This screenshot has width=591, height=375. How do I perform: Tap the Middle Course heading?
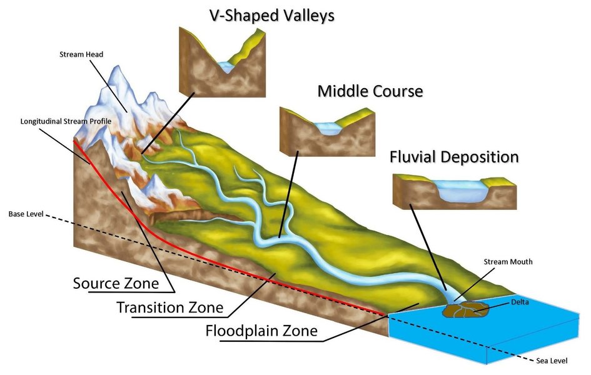[x=370, y=91]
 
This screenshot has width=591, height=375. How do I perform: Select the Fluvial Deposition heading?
[x=454, y=156]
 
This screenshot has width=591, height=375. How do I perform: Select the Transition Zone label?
[x=169, y=307]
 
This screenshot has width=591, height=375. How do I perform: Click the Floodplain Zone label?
[x=261, y=331]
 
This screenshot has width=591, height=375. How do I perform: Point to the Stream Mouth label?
[x=507, y=262]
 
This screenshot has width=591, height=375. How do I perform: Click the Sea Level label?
[x=553, y=361]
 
